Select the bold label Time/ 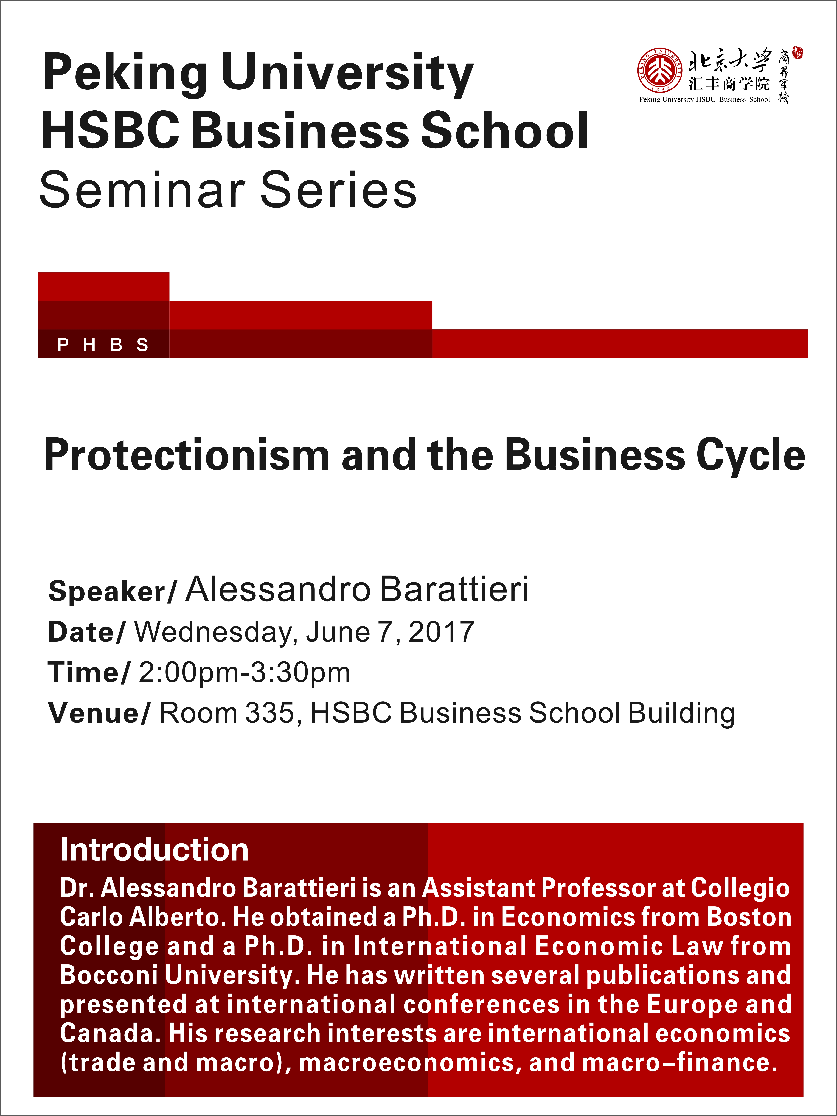[89, 673]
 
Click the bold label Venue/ [99, 713]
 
